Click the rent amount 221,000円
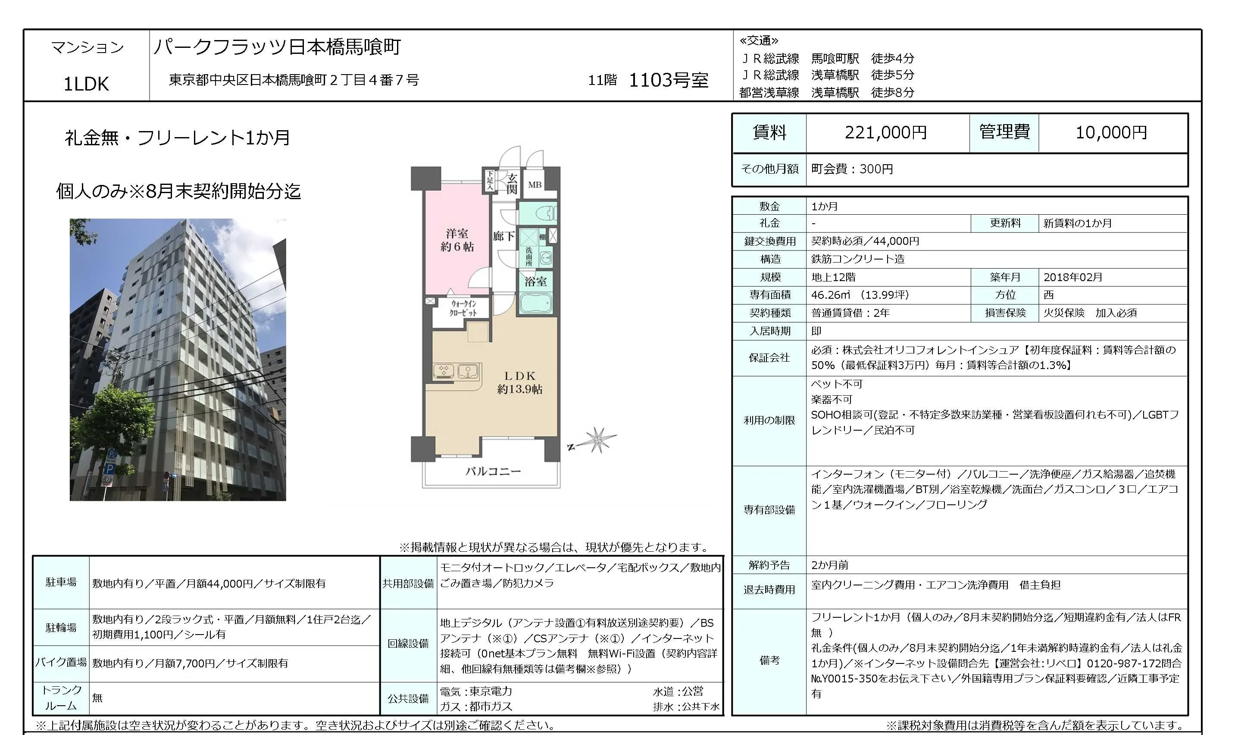885,133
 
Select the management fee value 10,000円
1111,133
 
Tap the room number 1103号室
669,80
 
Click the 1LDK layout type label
86,84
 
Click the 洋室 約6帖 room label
457,240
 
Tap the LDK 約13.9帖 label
519,383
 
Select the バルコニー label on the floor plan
493,472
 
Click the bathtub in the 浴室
536,303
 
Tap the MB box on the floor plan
535,185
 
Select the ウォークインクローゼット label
463,308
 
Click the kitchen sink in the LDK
467,371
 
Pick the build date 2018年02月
1073,277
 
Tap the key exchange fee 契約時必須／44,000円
865,241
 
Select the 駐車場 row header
61,582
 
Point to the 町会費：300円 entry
852,169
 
